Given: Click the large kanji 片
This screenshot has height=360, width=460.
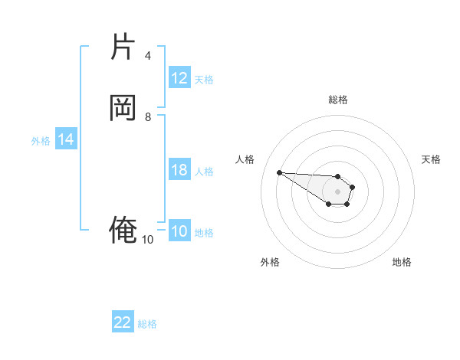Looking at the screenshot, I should (123, 47).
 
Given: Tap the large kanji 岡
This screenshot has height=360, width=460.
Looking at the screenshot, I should (123, 109).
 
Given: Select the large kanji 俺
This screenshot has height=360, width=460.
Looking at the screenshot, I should (123, 231).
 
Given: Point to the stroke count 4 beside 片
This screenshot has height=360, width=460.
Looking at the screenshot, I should (148, 56).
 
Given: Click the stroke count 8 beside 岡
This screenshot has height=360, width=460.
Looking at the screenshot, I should (148, 117).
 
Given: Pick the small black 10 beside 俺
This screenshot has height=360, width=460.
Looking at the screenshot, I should (147, 240).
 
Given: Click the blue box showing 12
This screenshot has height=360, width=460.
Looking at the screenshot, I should (179, 78).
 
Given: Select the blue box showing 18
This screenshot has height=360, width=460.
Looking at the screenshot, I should (179, 170).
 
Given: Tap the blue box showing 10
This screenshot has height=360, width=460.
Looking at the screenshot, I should (179, 231).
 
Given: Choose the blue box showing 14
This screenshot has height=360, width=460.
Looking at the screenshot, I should (66, 139).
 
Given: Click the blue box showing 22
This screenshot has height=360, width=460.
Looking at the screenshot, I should (123, 322).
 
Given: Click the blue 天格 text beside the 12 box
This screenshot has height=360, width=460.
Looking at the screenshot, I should (204, 79).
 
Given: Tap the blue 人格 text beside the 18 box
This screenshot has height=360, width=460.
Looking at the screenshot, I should (205, 171).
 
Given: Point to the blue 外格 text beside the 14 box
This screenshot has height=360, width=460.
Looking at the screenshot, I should (41, 140).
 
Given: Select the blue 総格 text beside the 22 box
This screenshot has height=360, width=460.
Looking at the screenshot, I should (147, 323).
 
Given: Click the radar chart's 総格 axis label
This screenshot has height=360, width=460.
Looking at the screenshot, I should (338, 100).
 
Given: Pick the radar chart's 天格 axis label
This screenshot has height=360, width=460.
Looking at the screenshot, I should (431, 159).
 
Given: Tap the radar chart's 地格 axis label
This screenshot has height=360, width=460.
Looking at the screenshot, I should (402, 262).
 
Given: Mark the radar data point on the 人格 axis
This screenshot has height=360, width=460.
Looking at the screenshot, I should (279, 172).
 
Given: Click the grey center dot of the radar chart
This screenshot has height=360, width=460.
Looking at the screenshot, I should (337, 191).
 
